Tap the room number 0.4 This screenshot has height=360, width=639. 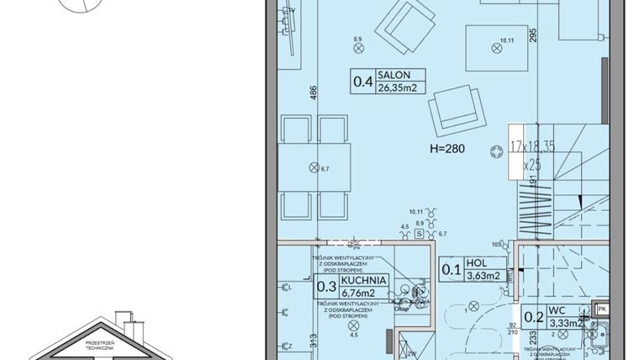tap(362, 82)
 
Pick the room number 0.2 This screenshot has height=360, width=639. tap(533, 317)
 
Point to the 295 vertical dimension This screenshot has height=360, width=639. tap(555, 34)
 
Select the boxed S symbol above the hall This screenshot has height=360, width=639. tap(418, 236)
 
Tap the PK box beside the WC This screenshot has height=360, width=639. tap(601, 309)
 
